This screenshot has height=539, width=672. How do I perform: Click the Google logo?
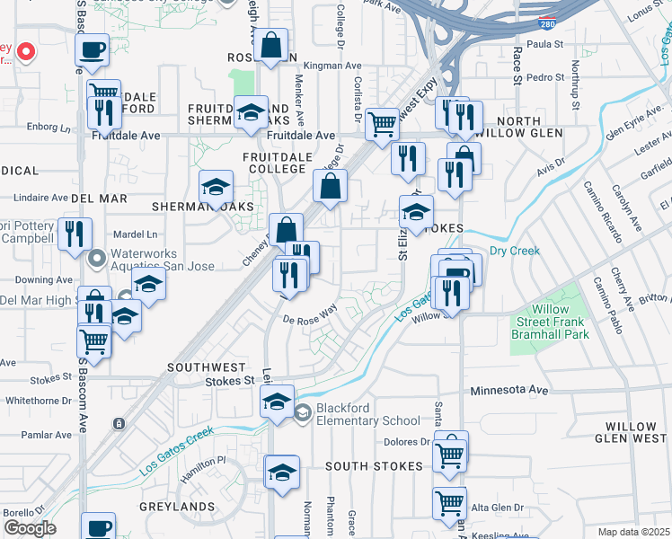point(30,528)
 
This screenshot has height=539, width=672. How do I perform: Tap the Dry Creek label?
point(515,251)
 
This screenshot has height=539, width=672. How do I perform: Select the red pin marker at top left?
point(26,51)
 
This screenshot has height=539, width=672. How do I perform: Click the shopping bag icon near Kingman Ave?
point(270,46)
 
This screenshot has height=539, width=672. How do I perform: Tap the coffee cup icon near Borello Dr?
point(98,526)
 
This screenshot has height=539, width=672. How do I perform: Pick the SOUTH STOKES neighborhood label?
point(374,466)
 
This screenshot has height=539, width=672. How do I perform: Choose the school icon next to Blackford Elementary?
point(304,413)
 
